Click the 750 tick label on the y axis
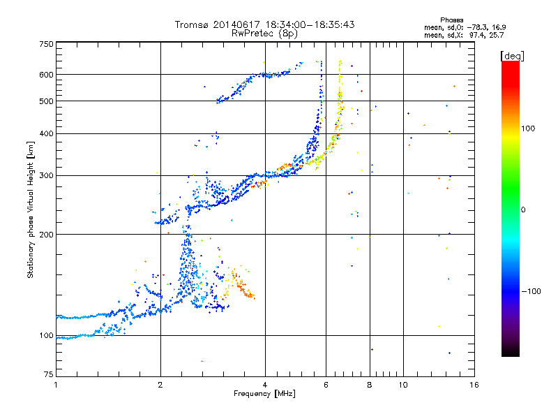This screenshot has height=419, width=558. (x=46, y=44)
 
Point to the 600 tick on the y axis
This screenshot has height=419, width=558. (x=46, y=74)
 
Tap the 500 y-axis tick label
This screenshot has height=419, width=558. (x=46, y=101)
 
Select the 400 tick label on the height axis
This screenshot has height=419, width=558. (x=46, y=133)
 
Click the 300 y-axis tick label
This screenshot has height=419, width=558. (x=46, y=175)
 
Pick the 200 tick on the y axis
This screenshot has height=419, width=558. (x=46, y=234)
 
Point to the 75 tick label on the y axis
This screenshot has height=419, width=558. (x=48, y=378)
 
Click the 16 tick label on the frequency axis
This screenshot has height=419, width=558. (x=474, y=385)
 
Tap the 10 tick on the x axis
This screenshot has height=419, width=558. (x=404, y=385)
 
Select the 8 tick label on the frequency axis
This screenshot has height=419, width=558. (x=370, y=385)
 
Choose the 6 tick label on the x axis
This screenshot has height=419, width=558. (x=326, y=385)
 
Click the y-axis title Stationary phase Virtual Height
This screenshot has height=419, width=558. (x=30, y=210)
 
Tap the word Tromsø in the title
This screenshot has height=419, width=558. (x=191, y=24)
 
